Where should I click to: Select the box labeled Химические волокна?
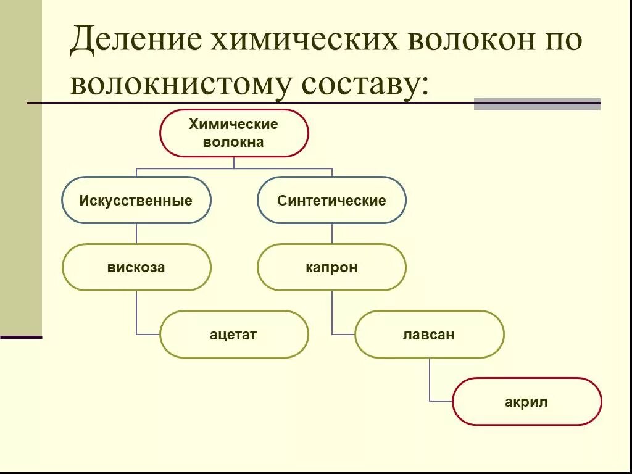[x=234, y=133]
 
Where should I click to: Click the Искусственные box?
[x=136, y=201]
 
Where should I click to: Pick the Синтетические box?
[x=331, y=201]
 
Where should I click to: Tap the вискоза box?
[x=136, y=268]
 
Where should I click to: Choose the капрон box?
[x=331, y=268]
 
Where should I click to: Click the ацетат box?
[x=233, y=335]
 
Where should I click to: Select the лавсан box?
[x=429, y=335]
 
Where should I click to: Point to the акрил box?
[x=526, y=402]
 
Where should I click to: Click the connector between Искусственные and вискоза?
[x=136, y=233]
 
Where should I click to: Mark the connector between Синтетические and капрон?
[x=332, y=233]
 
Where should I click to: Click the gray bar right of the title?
[x=537, y=104]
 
